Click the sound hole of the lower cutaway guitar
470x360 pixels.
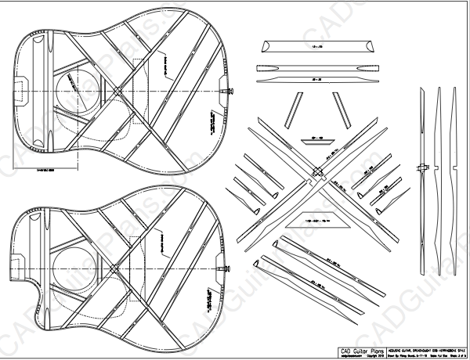click(x=74, y=263)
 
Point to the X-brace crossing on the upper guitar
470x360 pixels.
click(x=117, y=90)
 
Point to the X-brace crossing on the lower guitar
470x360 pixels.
click(x=117, y=268)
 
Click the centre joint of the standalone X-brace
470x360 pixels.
click(x=316, y=172)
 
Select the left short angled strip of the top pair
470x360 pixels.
click(x=295, y=109)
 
